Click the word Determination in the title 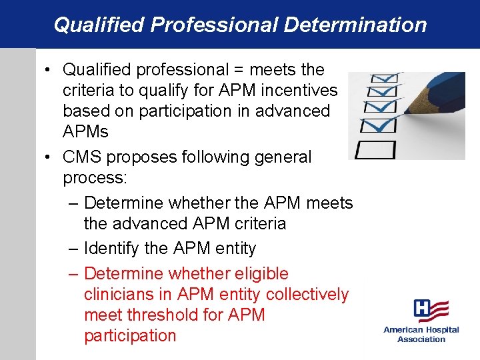click(355, 25)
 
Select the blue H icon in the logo click(423, 309)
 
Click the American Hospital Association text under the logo click(421, 334)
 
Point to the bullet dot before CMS click(50, 158)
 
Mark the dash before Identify click(73, 249)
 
